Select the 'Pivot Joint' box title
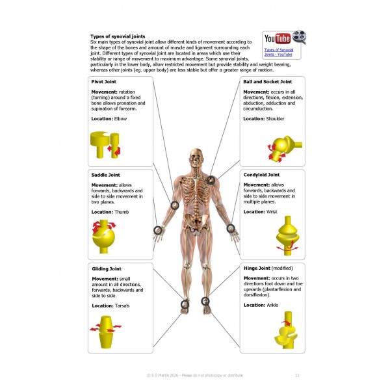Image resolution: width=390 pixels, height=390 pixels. click(x=105, y=83)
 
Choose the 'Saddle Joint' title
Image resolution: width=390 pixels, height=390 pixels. click(x=106, y=175)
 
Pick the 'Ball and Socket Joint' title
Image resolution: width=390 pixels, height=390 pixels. click(x=268, y=83)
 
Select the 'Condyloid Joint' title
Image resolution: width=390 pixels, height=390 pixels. click(x=261, y=175)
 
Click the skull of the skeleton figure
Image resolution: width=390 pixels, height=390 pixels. click(x=195, y=157)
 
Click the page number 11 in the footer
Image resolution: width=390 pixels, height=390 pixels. click(x=297, y=375)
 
